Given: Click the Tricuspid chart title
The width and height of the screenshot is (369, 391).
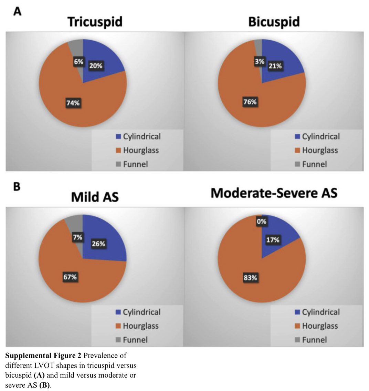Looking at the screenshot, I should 95,22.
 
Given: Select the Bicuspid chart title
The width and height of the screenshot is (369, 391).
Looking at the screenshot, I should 274,22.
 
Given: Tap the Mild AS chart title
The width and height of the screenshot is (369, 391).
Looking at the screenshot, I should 95,197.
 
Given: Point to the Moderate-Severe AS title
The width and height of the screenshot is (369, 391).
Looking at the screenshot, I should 274,193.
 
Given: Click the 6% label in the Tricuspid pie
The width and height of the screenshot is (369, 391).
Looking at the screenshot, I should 78,62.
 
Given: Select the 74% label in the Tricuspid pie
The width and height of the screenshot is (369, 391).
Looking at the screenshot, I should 73,103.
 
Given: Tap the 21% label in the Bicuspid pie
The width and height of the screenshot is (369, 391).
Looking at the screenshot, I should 275,66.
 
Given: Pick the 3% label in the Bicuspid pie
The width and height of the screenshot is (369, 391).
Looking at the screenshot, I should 260,62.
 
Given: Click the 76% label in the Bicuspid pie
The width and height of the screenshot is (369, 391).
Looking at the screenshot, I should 250,102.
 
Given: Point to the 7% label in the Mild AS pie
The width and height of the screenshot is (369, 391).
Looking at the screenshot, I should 77,237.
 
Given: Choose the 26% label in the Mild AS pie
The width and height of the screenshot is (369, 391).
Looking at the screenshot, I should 98,244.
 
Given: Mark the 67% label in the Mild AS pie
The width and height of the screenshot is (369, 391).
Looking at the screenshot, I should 70,277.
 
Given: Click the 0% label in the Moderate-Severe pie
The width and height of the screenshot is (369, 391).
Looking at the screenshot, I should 262,222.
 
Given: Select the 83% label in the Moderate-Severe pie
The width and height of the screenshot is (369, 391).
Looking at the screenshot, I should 250,278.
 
